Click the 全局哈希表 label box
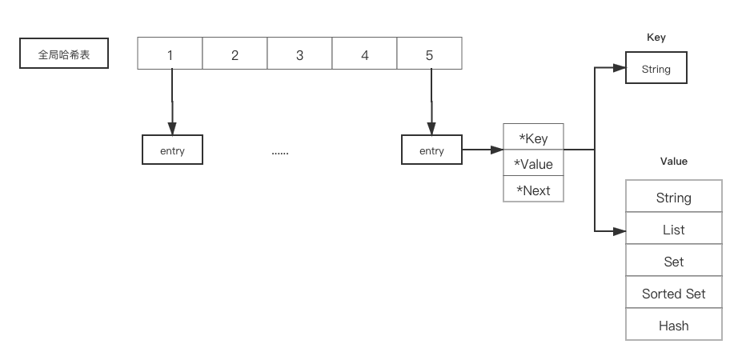(x=65, y=55)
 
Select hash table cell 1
(x=170, y=55)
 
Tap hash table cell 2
(x=235, y=55)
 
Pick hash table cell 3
(x=299, y=55)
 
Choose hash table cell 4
(x=364, y=55)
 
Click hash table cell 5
(x=429, y=55)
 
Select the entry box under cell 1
(x=172, y=150)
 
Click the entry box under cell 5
(x=431, y=150)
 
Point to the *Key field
(x=533, y=138)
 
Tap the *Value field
(x=533, y=164)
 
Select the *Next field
(x=533, y=190)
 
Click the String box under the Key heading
(x=656, y=70)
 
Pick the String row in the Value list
(x=673, y=198)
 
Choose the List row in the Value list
(x=673, y=230)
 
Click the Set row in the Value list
(x=673, y=262)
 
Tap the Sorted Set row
(x=673, y=294)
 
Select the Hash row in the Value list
(x=673, y=326)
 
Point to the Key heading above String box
(x=656, y=38)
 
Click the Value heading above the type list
(x=673, y=162)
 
